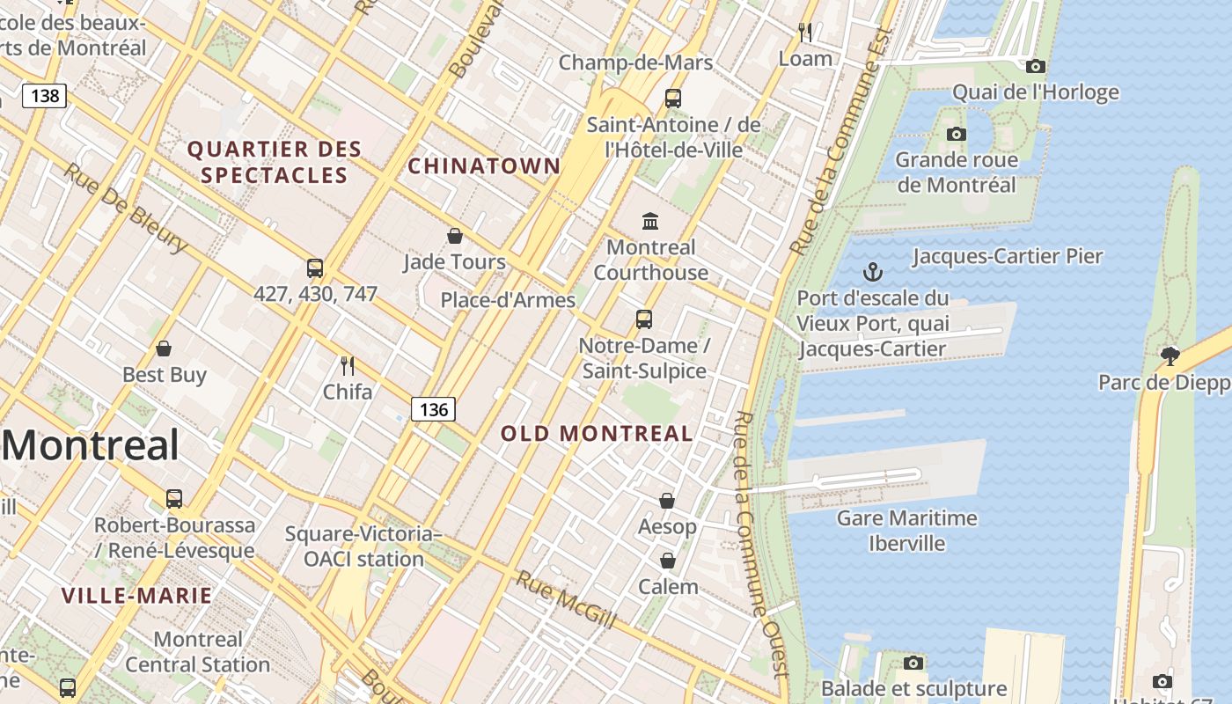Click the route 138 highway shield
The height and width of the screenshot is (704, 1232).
[44, 95]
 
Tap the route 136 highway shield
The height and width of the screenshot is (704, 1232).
[433, 409]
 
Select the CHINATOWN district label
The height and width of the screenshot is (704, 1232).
[484, 165]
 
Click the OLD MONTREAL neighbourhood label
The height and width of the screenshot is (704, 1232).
[597, 433]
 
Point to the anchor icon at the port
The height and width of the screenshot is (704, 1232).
[873, 271]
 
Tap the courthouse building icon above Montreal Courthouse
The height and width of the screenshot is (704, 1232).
[650, 220]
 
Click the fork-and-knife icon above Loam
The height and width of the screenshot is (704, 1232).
[804, 33]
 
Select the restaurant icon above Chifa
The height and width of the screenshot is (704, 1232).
[348, 365]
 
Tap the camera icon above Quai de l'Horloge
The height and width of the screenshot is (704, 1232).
[1036, 66]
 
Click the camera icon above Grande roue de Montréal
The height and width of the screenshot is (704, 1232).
[957, 134]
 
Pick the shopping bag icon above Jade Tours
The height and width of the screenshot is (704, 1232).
[455, 236]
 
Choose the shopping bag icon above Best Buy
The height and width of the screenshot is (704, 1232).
[164, 349]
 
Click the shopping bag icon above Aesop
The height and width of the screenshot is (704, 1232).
[667, 501]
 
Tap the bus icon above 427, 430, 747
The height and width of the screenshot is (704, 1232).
[315, 268]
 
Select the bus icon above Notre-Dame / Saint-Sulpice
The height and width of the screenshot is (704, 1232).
[644, 319]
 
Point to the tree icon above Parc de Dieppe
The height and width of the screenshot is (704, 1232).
[1170, 356]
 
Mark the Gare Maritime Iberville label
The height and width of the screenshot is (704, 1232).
[906, 531]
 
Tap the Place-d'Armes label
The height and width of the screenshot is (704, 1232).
[508, 300]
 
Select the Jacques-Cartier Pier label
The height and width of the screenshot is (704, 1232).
[1008, 256]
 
